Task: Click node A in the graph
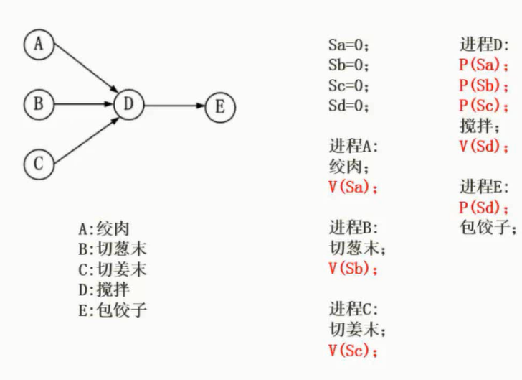39,45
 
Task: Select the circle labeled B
39,104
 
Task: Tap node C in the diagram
39,164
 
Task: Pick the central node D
129,104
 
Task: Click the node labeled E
219,107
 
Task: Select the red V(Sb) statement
351,269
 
